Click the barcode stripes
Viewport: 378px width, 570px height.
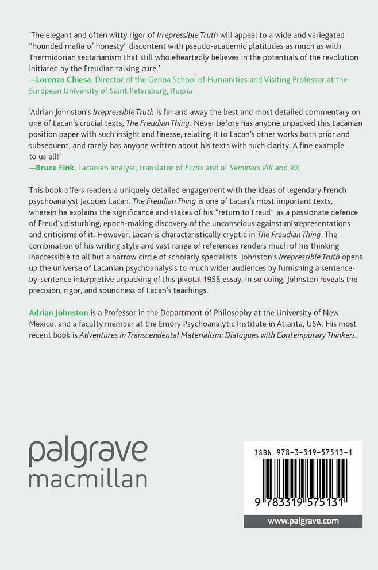click(303, 479)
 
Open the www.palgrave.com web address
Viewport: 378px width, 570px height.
click(303, 521)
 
